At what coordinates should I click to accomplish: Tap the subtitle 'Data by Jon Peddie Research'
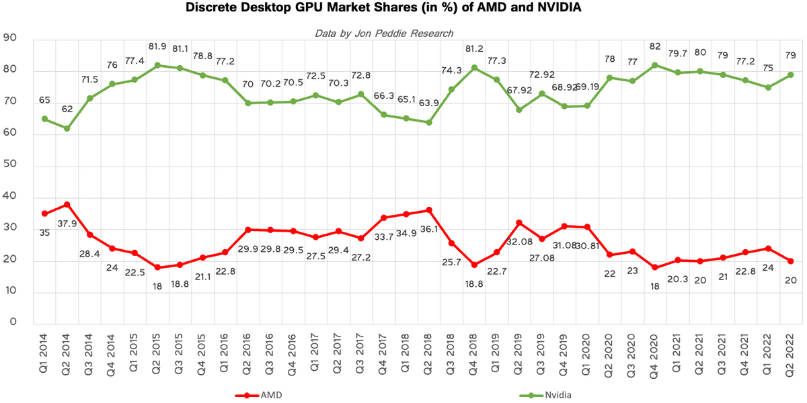[384, 33]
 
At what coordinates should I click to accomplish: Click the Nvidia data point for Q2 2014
[67, 128]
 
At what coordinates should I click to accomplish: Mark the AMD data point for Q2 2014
[67, 204]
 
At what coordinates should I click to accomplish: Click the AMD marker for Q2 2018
[428, 210]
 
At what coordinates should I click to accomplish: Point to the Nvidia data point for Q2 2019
[519, 109]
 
